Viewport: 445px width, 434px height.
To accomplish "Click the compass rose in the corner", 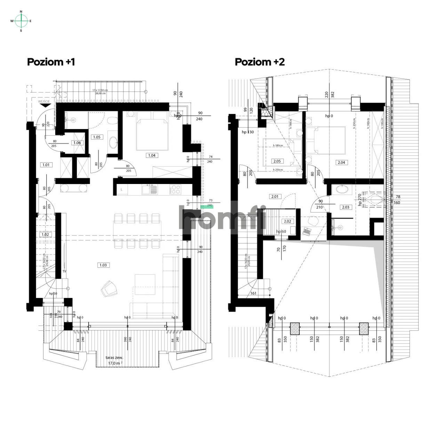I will [21, 21].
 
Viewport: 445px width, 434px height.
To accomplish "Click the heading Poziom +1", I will [51, 62].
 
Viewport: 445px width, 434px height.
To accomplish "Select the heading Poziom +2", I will [260, 62].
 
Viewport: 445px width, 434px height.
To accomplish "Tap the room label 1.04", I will [152, 155].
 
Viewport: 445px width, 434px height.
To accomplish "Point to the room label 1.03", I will [103, 265].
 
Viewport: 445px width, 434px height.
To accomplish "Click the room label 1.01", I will [46, 165].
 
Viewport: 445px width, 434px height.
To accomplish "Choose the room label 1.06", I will [76, 143].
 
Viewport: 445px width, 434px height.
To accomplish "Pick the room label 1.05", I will [96, 137].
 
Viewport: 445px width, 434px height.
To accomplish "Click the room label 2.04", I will [341, 162].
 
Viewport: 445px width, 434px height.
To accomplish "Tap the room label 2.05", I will [277, 161].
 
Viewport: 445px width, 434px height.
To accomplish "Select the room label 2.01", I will [275, 196].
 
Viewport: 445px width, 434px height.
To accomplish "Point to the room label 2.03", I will [346, 207].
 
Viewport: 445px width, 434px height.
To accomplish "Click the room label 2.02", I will [288, 221].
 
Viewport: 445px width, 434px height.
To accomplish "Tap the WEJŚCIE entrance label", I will [44, 102].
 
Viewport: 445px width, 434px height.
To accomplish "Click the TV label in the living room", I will [64, 271].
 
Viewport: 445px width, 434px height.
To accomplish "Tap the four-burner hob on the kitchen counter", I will [175, 190].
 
